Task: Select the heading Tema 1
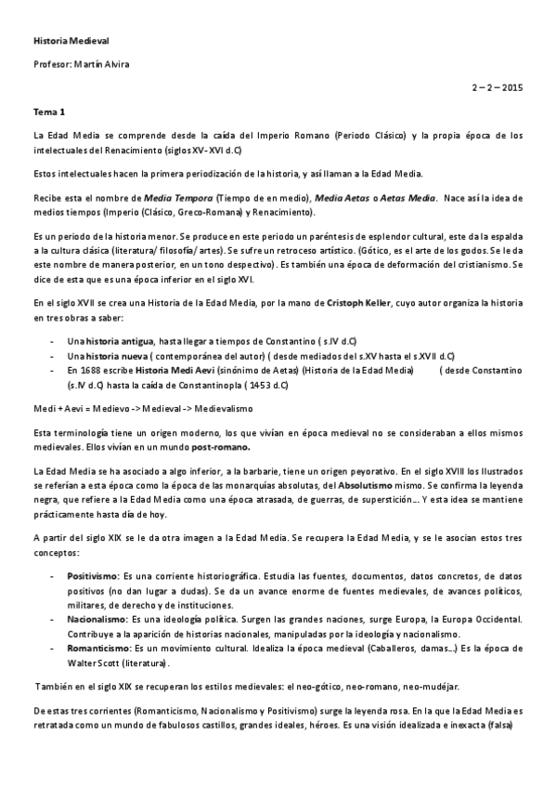49,111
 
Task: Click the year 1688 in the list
91,370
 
